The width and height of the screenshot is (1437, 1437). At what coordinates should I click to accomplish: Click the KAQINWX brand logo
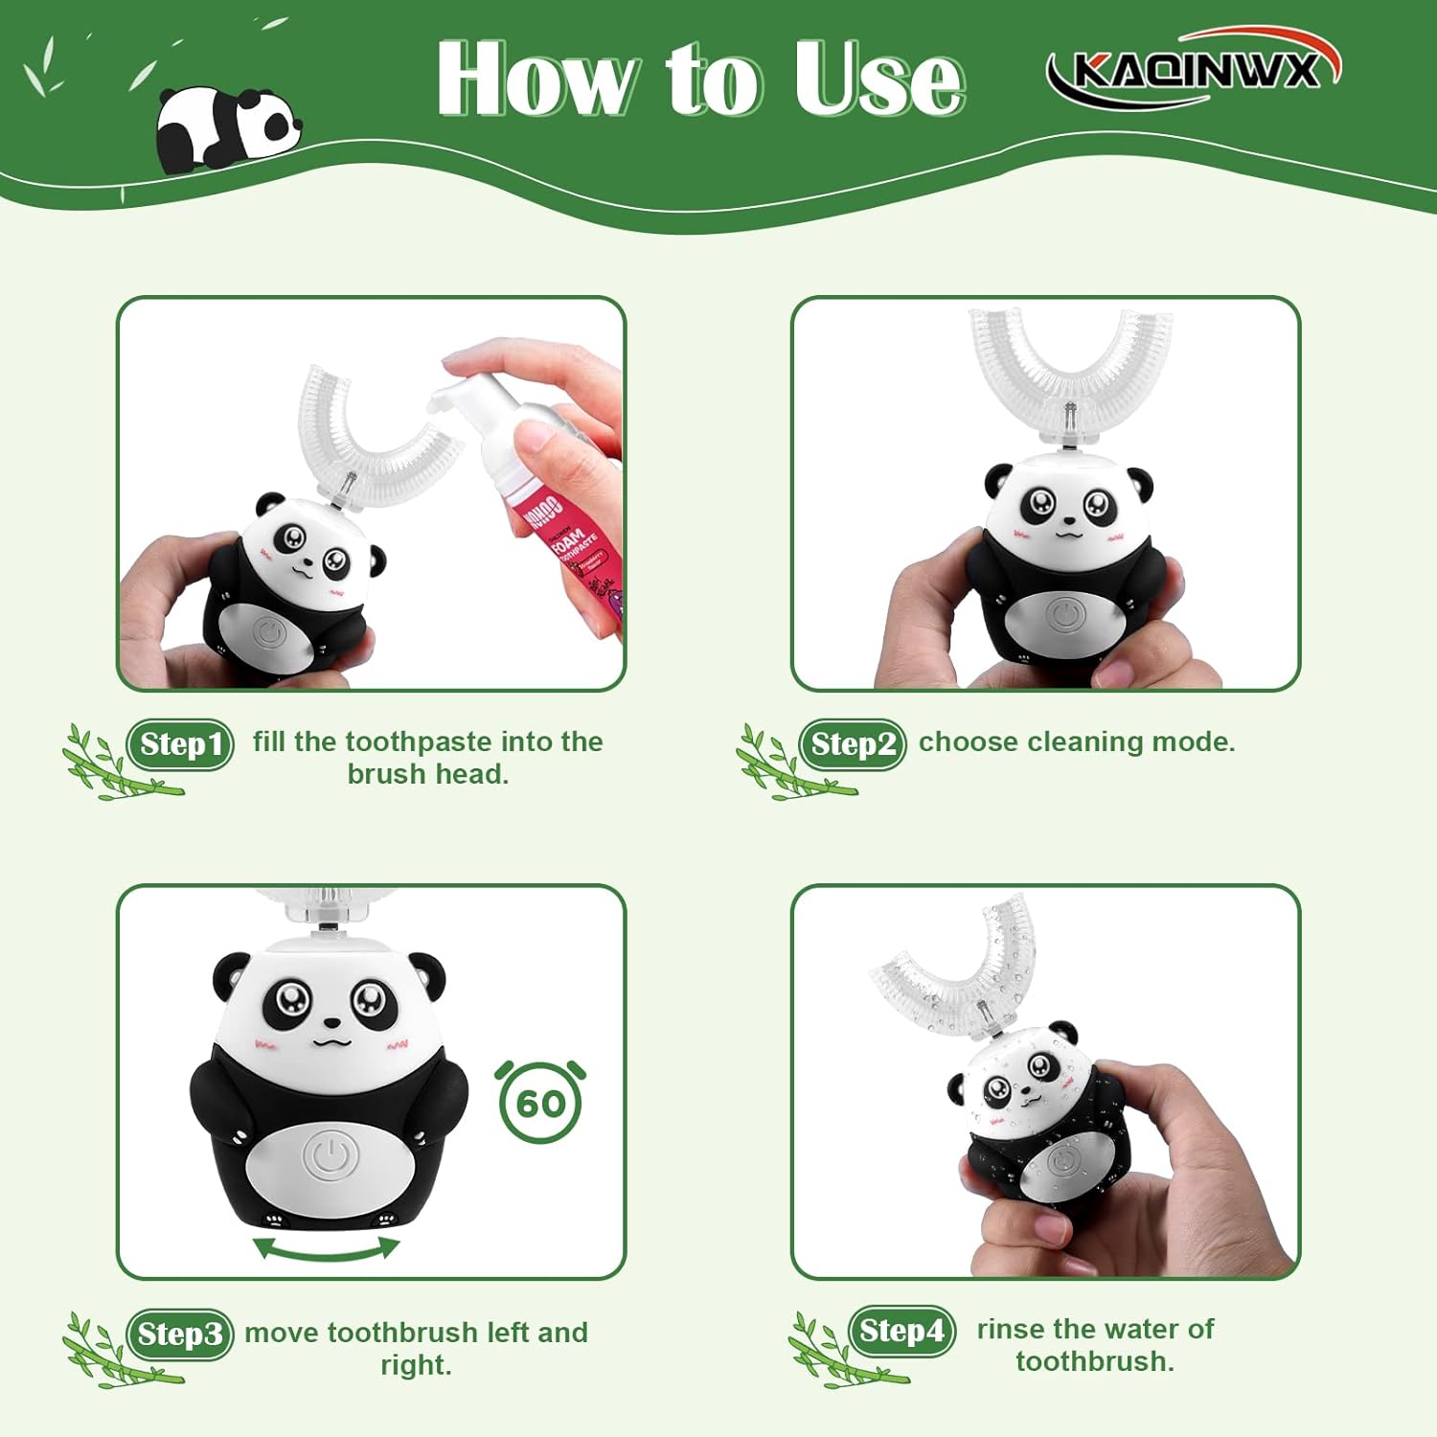tap(1194, 68)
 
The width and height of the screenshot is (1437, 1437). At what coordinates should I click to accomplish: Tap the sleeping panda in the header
tap(227, 129)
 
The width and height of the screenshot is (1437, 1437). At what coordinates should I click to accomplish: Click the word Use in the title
tap(878, 80)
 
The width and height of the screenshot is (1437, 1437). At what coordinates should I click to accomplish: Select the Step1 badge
tap(180, 744)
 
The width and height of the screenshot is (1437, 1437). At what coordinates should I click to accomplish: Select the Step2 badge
tap(853, 744)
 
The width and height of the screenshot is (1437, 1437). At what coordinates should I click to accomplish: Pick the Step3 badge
tap(179, 1334)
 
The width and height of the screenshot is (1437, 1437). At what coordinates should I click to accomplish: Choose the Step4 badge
tap(901, 1331)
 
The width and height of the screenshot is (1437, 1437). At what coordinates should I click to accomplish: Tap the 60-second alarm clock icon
tap(540, 1102)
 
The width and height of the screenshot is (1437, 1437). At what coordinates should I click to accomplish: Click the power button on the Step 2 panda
tap(1064, 614)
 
